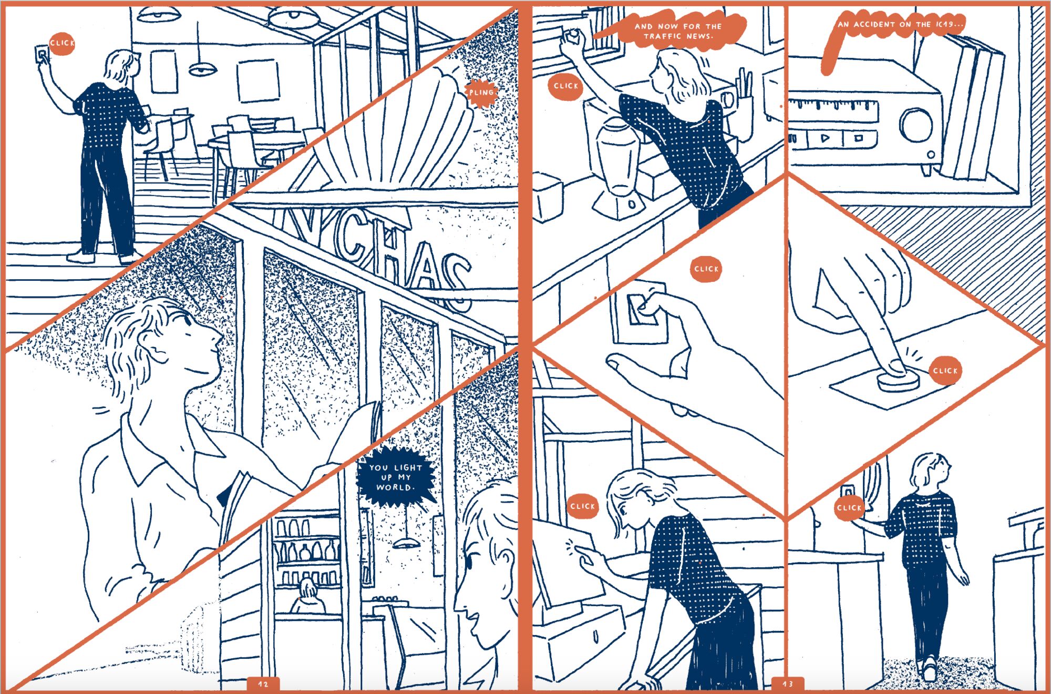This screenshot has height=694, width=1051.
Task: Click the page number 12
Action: (263, 684)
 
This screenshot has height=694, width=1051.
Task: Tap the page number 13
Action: (788, 684)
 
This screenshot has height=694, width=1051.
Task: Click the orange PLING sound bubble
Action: (481, 93)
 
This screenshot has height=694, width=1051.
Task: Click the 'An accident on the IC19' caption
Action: (893, 32)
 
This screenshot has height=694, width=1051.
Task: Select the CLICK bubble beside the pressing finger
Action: (945, 371)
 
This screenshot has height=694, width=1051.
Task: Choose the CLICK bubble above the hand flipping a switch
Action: (706, 269)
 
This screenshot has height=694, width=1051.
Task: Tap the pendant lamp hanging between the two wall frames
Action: (202, 67)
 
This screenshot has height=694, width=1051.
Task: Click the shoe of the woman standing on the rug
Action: (929, 670)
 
